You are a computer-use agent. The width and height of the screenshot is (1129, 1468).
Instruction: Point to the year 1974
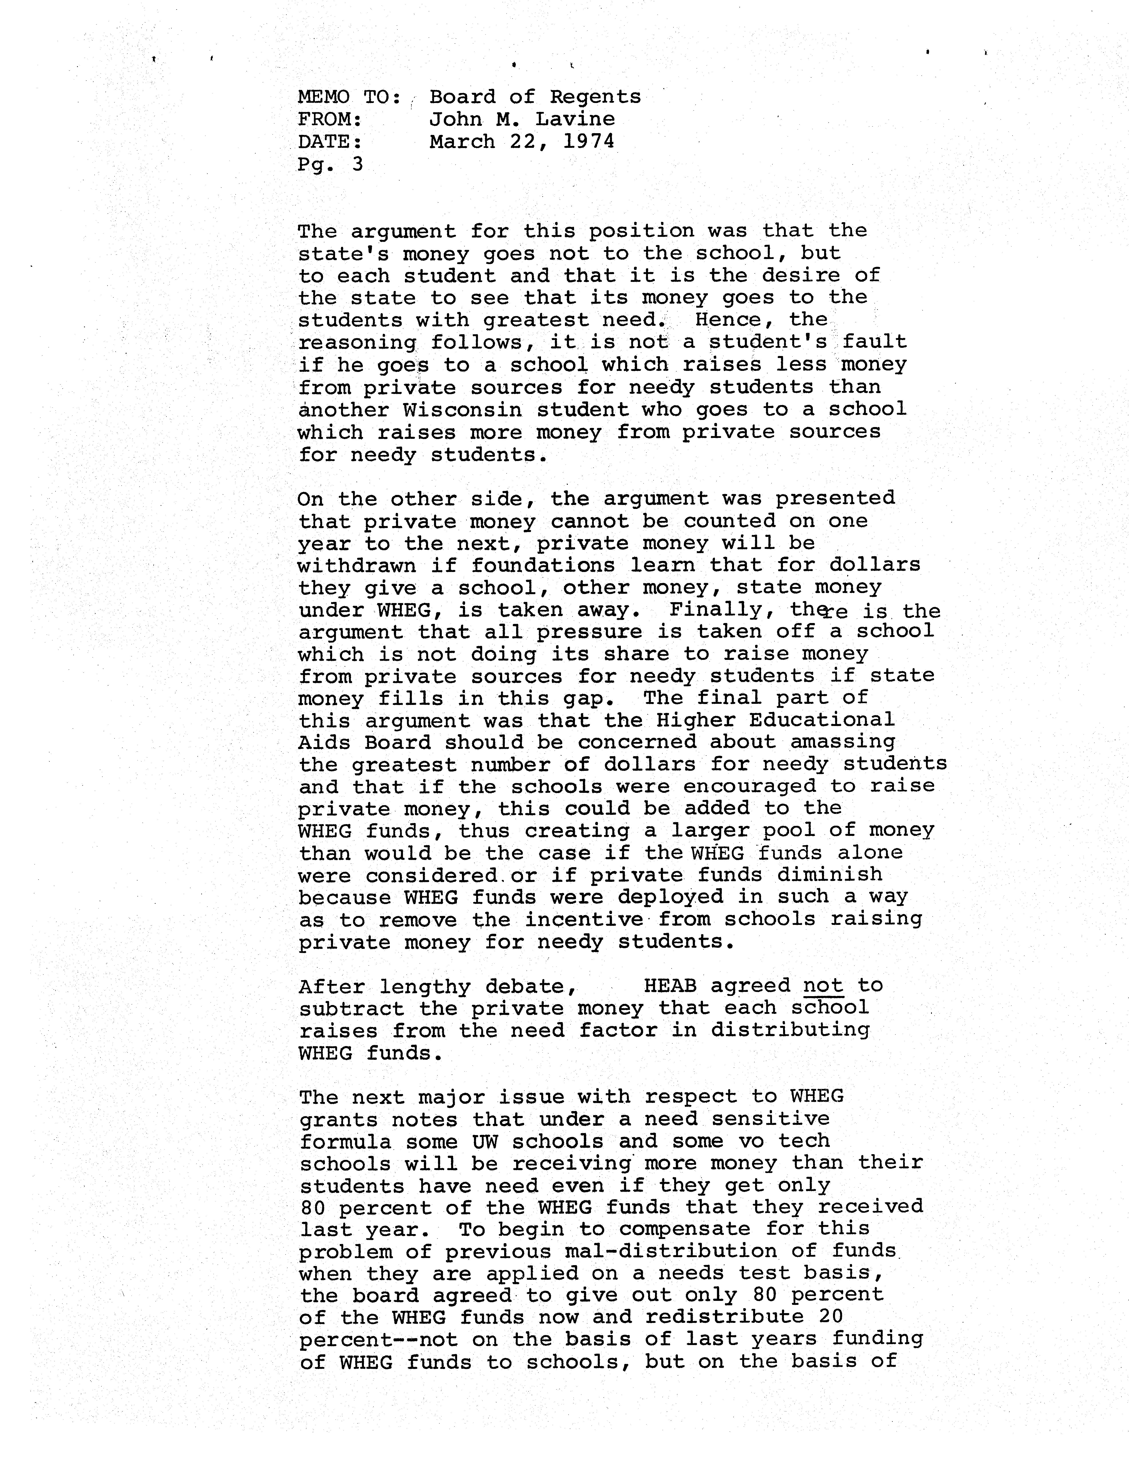click(589, 141)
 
